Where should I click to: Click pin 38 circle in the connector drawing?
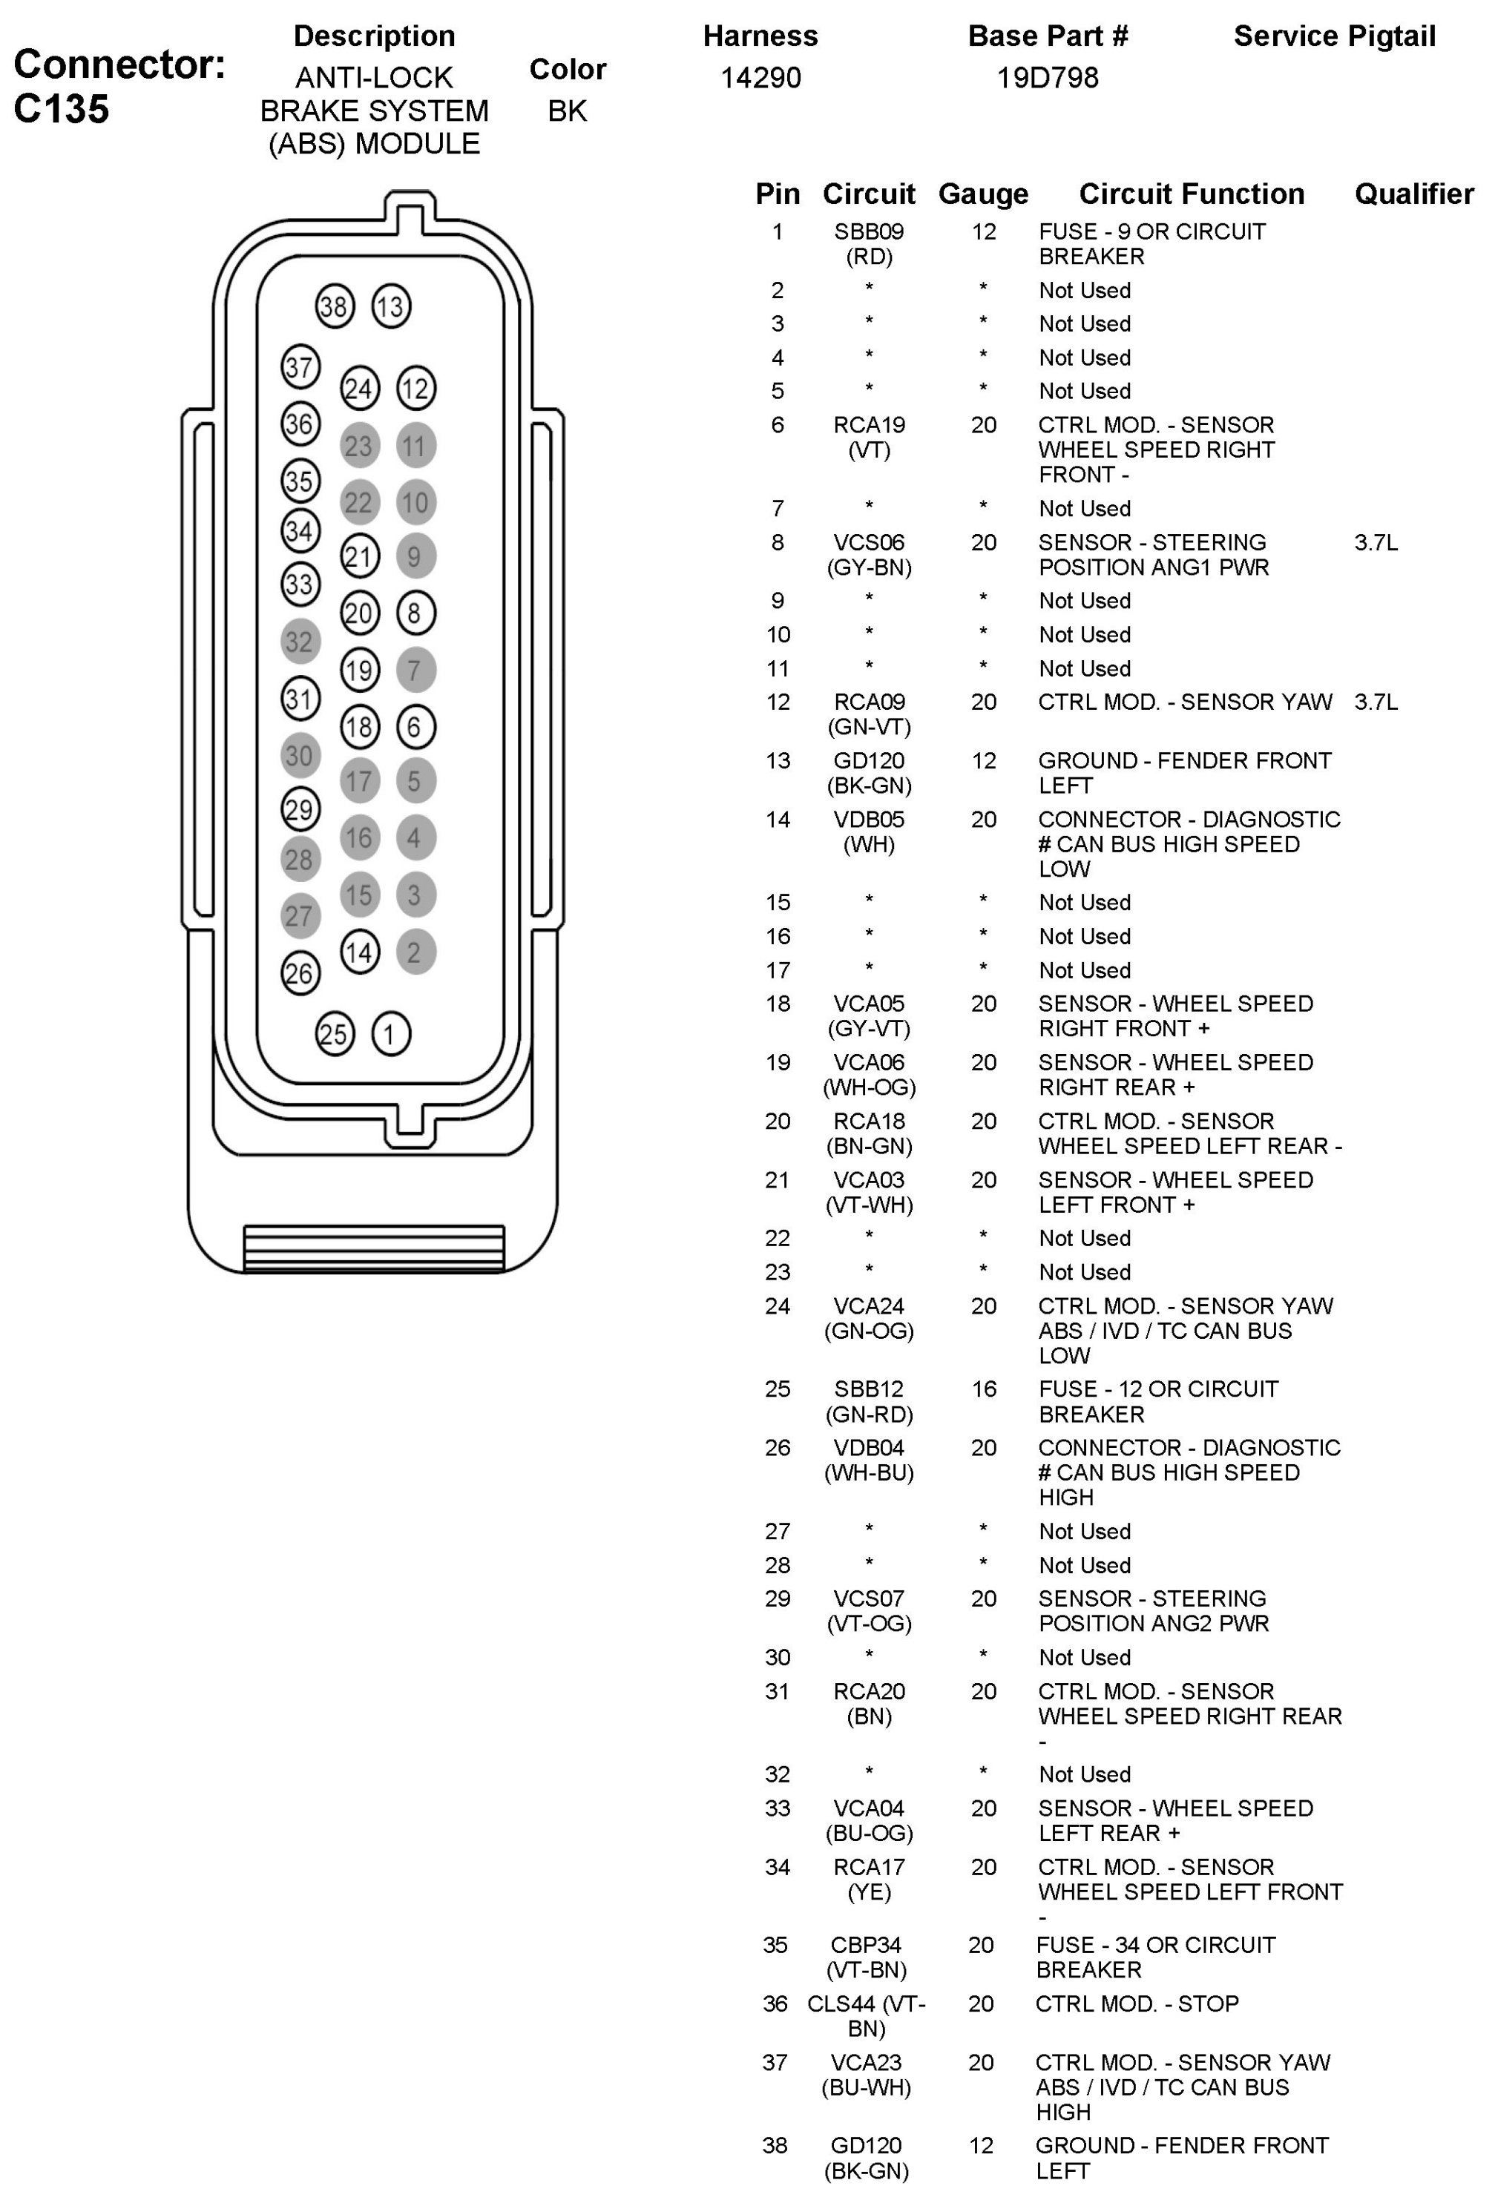coord(334,306)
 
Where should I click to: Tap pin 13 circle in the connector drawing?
coord(390,306)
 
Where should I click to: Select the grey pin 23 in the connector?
coord(358,446)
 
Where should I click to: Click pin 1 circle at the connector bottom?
coord(390,1033)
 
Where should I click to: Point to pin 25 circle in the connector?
coord(334,1033)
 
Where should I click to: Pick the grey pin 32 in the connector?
coord(300,642)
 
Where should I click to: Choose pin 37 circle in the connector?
coord(300,367)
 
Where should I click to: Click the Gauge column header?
coord(982,194)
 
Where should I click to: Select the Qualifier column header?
coord(1413,194)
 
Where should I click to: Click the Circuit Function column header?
coord(1191,194)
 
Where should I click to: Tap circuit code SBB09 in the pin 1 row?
coord(868,231)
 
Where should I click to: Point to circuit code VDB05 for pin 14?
coord(868,819)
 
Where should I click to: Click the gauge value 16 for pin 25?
coord(983,1389)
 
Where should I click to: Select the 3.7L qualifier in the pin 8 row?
coord(1375,542)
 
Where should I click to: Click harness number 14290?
coord(760,78)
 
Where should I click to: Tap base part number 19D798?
coord(1047,78)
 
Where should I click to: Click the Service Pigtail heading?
coord(1334,36)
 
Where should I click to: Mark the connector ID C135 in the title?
coord(62,109)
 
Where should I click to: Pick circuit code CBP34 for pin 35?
coord(866,1944)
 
